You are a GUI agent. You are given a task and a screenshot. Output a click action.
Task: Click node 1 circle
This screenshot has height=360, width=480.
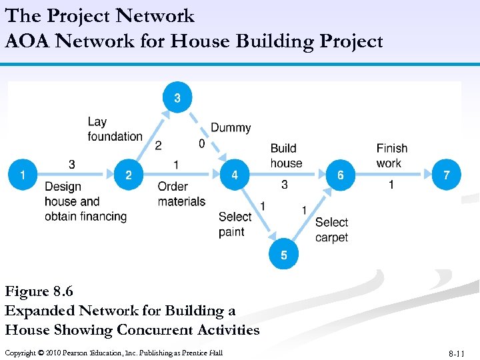(23, 175)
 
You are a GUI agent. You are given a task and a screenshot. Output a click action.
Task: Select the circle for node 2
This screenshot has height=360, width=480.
(129, 175)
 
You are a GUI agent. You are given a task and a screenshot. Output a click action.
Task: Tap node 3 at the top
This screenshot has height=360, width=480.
(177, 99)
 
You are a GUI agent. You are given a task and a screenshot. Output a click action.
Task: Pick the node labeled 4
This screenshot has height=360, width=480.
(235, 175)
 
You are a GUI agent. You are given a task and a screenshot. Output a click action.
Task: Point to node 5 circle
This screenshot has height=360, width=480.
(284, 255)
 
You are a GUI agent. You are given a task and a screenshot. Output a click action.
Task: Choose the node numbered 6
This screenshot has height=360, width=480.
(341, 175)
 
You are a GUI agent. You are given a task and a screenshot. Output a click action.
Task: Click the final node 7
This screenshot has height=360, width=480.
(446, 175)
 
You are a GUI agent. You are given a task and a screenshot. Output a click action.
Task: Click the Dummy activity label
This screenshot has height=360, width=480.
(231, 127)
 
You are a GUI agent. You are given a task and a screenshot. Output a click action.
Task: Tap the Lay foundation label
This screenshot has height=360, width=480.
(115, 129)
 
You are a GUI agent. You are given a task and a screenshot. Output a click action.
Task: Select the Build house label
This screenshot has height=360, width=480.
(286, 155)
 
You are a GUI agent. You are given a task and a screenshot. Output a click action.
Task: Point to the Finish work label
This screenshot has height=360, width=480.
(391, 155)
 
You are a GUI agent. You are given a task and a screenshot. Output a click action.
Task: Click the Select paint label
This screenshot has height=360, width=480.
(235, 224)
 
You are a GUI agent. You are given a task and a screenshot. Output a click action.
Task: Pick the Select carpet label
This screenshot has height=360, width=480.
(331, 229)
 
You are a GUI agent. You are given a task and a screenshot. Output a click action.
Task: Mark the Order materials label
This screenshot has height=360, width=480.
(181, 193)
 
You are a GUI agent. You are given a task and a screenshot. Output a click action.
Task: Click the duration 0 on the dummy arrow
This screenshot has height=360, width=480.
(201, 144)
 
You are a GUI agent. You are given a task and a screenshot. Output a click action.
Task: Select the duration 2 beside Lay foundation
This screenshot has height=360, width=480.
(158, 146)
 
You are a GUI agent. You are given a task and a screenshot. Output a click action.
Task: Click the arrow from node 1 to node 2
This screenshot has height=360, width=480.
(76, 175)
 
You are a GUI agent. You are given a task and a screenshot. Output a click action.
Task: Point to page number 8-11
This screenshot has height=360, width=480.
(458, 353)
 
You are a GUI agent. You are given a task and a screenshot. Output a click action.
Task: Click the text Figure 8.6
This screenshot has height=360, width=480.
(39, 291)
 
